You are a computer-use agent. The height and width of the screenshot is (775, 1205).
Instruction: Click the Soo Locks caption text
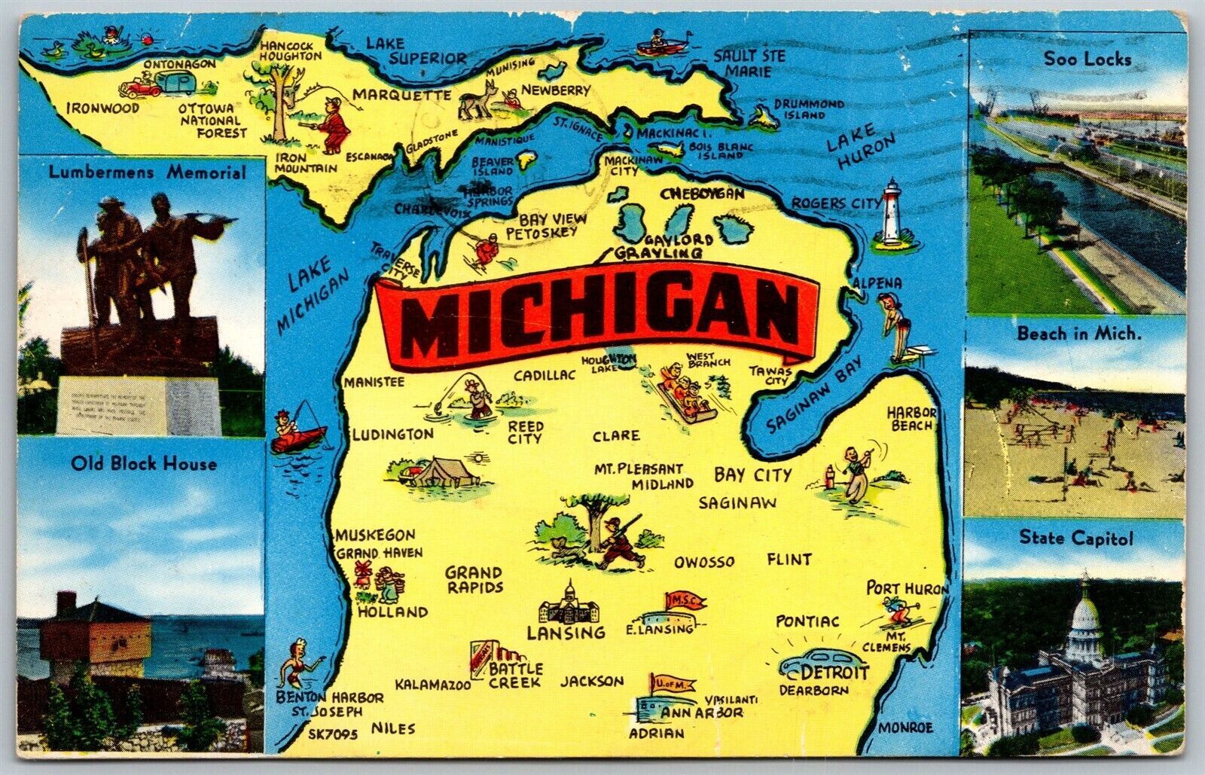(x=1087, y=59)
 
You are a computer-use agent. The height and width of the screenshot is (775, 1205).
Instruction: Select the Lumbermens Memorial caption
(x=147, y=172)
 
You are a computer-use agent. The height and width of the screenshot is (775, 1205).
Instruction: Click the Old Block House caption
(x=144, y=462)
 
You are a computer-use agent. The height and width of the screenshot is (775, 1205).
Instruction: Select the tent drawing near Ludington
(x=428, y=472)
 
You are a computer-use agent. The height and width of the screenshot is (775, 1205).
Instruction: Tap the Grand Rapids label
(x=473, y=579)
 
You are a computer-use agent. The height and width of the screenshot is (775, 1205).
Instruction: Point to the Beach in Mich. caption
(x=1078, y=334)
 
